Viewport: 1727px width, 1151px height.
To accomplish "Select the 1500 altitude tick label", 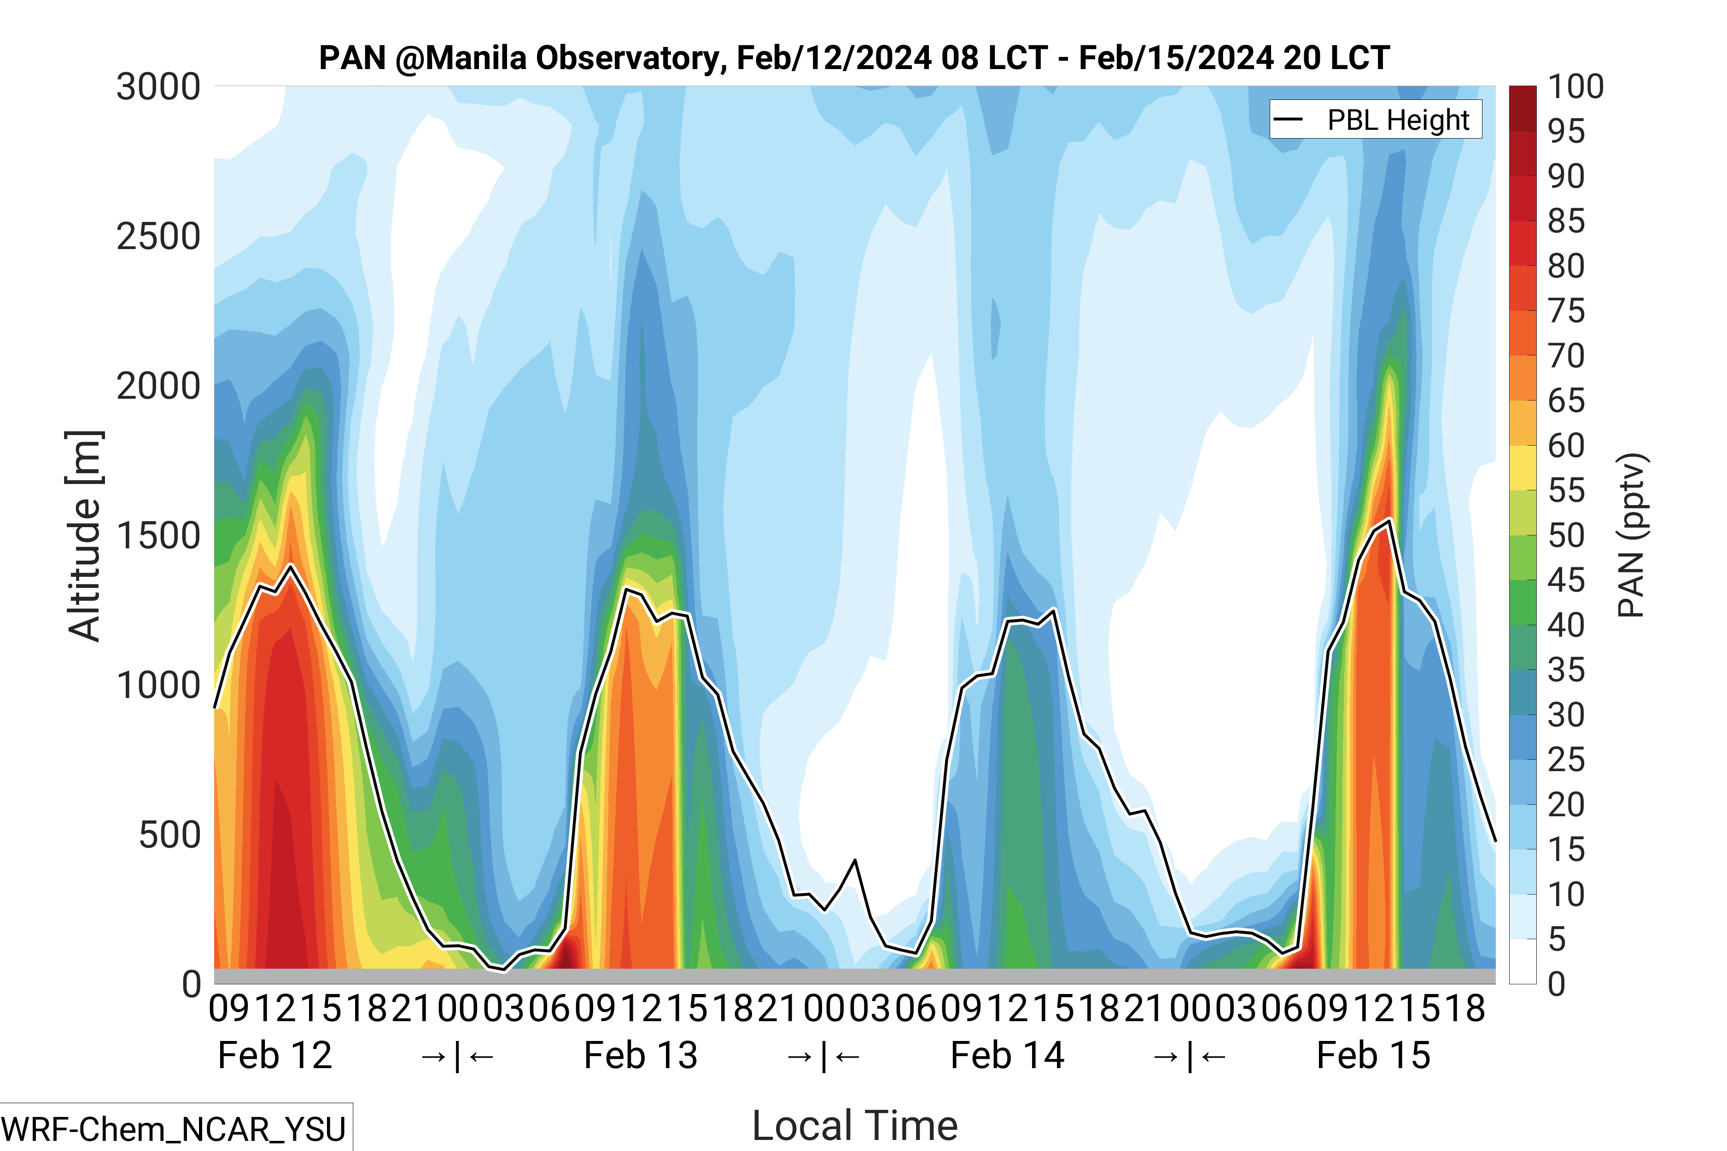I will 158,536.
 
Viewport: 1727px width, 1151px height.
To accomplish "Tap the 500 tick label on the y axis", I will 169,835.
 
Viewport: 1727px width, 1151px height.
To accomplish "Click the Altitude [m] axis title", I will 84,536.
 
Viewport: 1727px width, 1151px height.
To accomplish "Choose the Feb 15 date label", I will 1373,1056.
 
